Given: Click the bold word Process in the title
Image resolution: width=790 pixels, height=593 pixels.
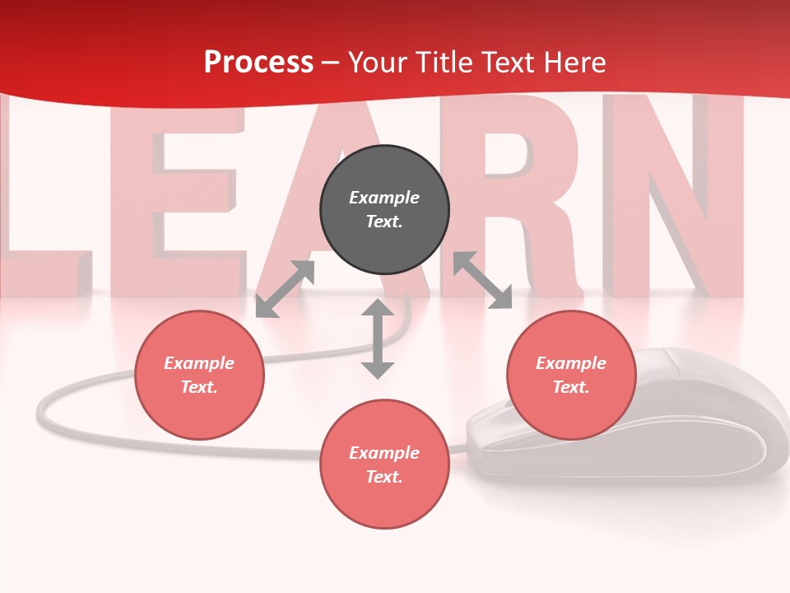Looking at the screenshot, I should coord(258,63).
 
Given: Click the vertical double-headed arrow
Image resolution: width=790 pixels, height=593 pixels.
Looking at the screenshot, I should coord(378,339).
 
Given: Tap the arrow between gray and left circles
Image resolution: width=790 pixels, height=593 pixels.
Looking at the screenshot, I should coord(285,289).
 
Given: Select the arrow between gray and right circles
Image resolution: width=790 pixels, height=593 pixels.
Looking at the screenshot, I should coord(482,280).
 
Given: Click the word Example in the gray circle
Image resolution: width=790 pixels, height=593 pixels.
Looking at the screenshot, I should coord(384,198).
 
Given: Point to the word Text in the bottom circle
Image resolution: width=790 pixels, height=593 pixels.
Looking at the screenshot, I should coord(384,477).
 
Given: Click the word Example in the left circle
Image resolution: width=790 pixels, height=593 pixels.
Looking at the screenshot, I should coord(199,363).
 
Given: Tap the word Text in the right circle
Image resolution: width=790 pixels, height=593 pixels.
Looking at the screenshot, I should coord(571,387).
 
